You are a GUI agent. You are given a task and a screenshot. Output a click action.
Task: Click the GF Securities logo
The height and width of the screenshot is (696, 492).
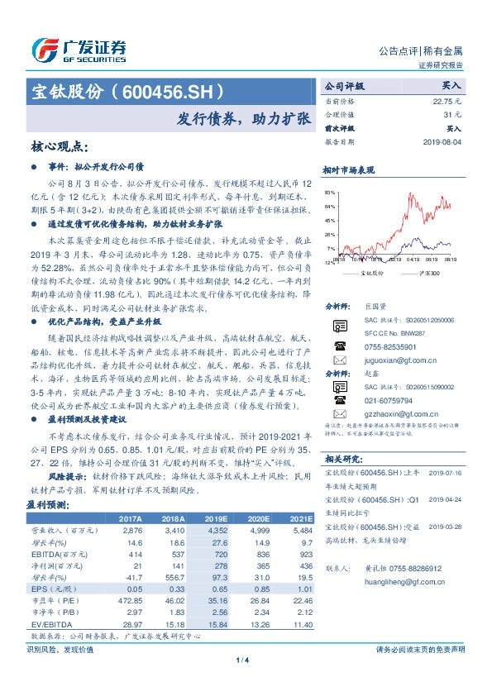click(x=79, y=48)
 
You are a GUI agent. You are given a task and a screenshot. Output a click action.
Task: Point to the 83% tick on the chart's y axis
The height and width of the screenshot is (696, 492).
click(x=331, y=192)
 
